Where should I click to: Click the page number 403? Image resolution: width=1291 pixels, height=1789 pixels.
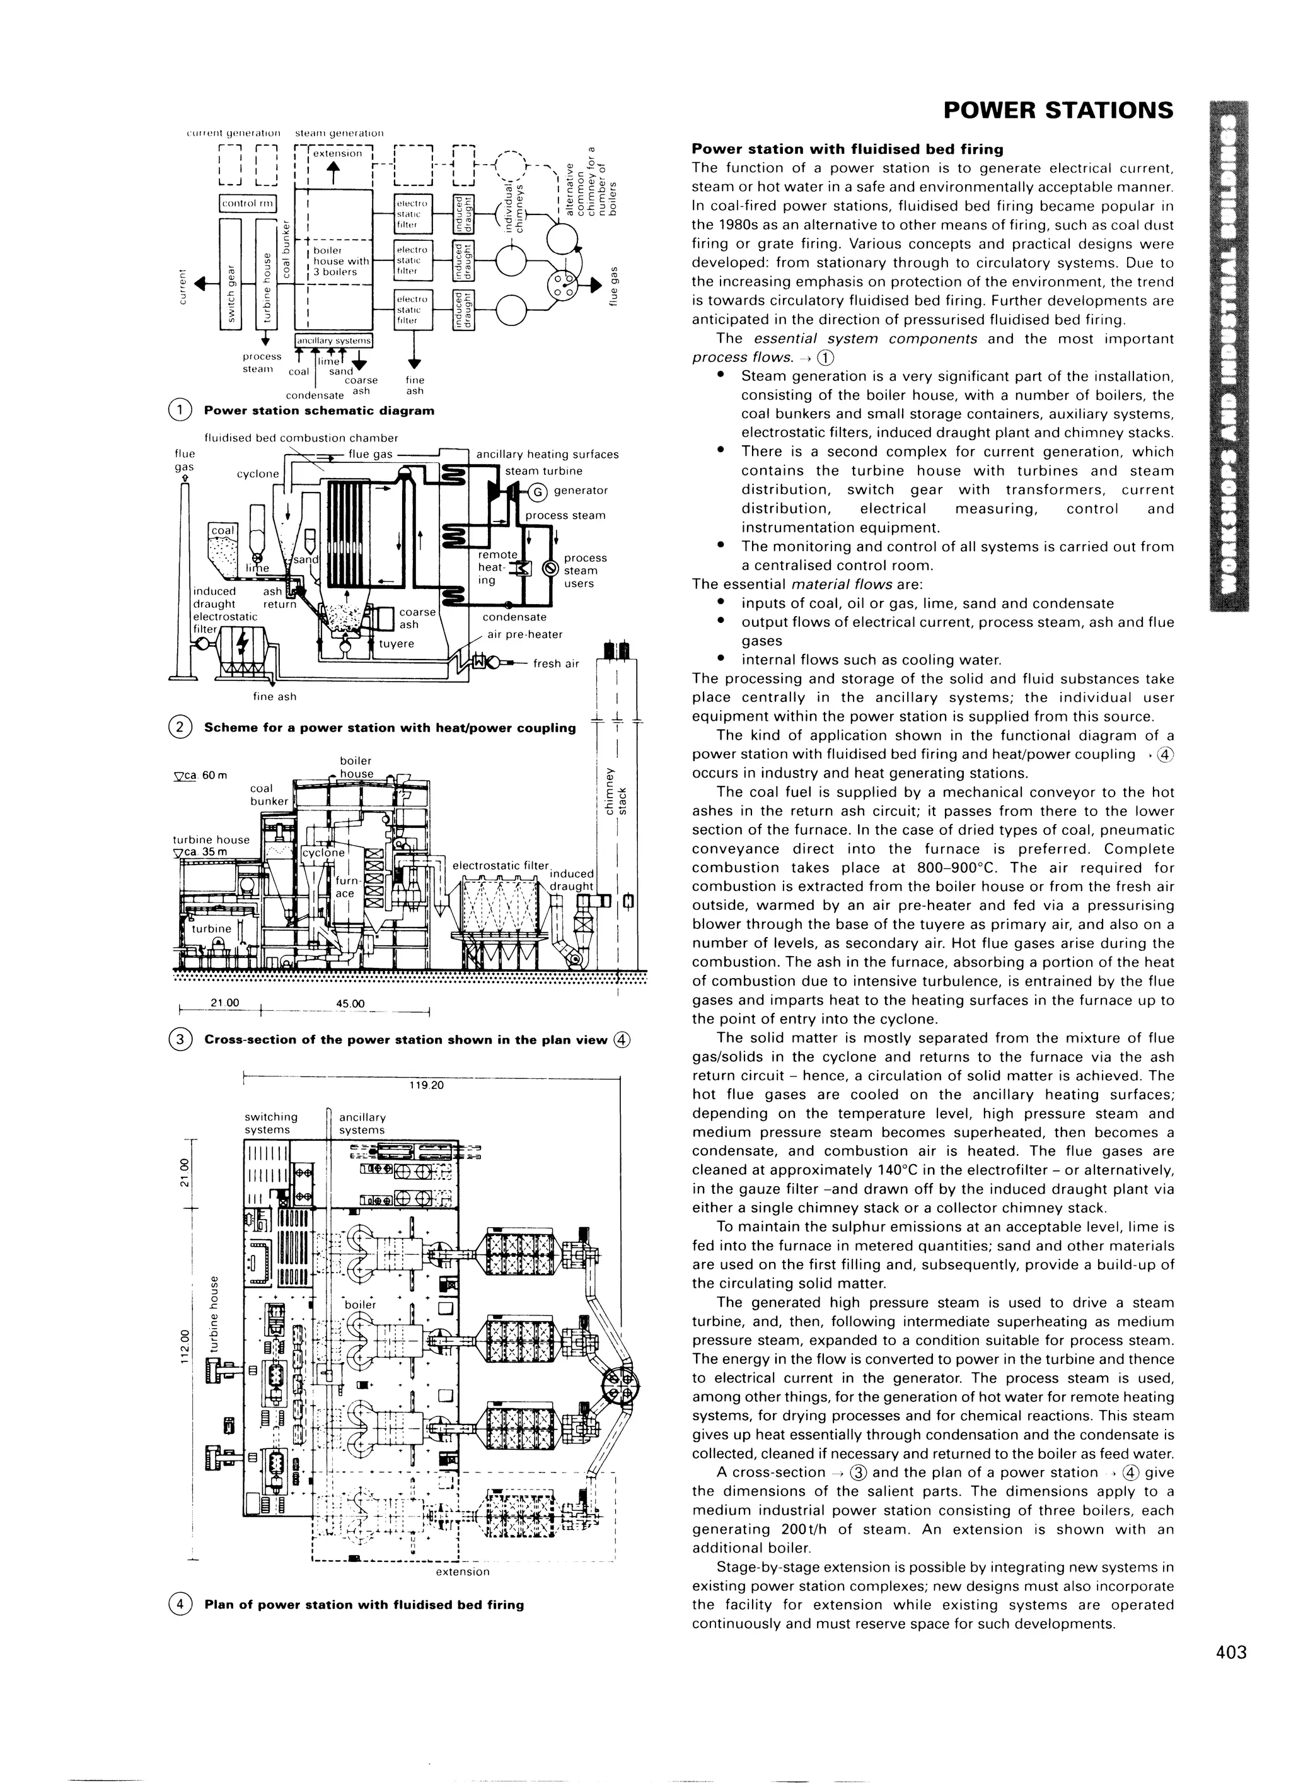(x=1231, y=1652)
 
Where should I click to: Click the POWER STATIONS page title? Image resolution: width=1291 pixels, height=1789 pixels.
(x=1058, y=110)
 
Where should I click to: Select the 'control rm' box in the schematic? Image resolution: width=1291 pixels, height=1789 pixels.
(x=247, y=204)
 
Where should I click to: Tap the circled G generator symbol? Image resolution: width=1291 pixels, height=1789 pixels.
(x=537, y=491)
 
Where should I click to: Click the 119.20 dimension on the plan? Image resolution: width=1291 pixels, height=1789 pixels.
(x=427, y=1085)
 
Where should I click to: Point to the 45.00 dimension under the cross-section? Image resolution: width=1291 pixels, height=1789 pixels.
(x=350, y=1004)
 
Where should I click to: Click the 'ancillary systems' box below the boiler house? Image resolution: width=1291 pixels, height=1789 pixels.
(x=333, y=341)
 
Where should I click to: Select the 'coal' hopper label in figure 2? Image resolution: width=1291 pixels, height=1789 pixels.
(x=223, y=531)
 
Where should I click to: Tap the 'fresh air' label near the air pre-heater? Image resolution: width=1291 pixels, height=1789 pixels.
(x=556, y=663)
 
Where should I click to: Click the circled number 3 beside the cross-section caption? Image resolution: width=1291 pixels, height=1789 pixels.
(x=180, y=1040)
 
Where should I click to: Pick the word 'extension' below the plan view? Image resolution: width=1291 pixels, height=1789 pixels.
(x=462, y=1571)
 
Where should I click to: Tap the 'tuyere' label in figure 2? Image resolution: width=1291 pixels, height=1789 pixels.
(x=396, y=644)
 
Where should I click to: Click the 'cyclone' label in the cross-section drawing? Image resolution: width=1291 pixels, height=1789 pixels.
(x=323, y=853)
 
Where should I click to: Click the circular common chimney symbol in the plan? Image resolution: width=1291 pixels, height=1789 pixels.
(x=620, y=1387)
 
